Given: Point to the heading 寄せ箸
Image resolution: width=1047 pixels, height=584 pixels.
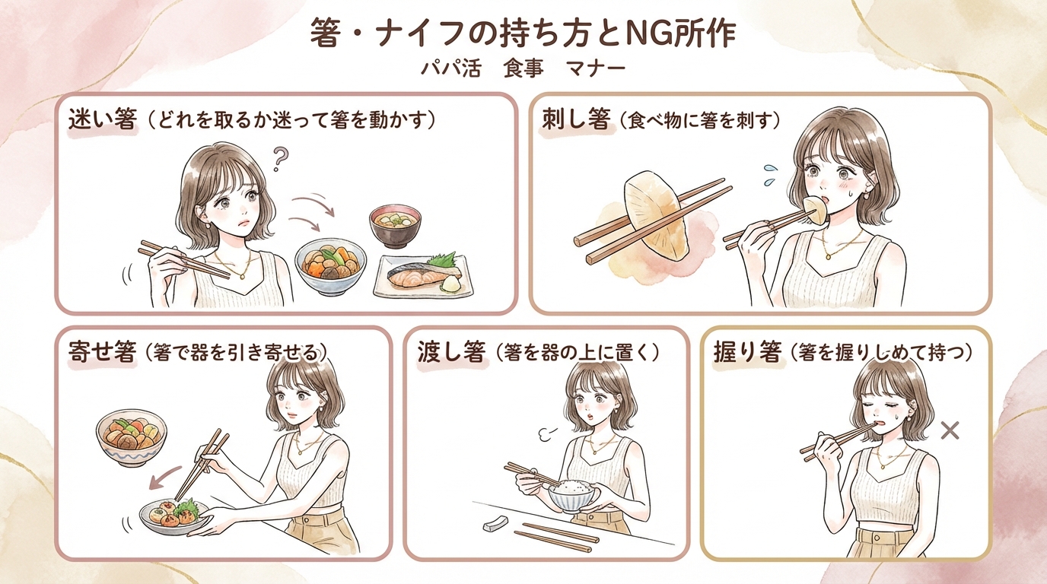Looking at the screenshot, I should (x=101, y=352).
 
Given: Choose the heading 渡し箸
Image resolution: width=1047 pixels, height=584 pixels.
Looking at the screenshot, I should (x=450, y=352).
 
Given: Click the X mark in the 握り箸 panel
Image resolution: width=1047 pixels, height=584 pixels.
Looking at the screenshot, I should (x=948, y=431).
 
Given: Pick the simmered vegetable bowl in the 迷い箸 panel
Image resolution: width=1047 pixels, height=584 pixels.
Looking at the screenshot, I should (x=329, y=267).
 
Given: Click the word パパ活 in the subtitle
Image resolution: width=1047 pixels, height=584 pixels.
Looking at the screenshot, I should (x=453, y=68).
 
